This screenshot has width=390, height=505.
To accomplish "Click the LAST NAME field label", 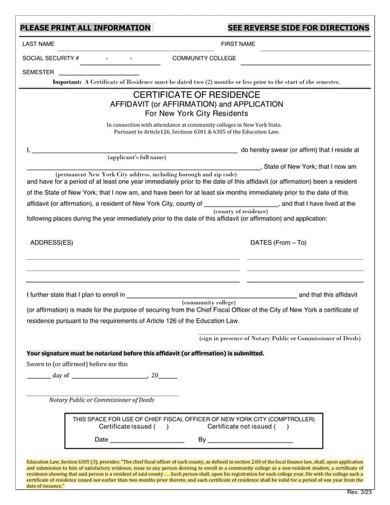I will click(38, 44).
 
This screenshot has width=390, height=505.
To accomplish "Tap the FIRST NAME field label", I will click(237, 44).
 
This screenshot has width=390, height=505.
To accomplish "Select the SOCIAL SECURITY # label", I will click(51, 59).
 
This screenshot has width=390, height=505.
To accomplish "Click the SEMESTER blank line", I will click(99, 74).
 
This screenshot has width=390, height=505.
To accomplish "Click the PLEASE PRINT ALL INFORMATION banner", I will click(85, 28).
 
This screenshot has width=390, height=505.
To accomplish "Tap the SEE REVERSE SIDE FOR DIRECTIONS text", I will click(298, 28).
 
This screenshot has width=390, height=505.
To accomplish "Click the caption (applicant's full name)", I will click(137, 157).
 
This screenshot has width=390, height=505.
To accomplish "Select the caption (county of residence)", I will click(241, 211).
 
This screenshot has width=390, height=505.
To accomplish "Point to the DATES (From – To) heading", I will click(278, 243).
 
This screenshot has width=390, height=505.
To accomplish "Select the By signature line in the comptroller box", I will click(250, 440).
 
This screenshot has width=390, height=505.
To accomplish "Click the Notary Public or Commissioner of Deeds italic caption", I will click(102, 400).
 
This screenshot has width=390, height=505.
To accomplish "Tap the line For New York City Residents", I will click(196, 113).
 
